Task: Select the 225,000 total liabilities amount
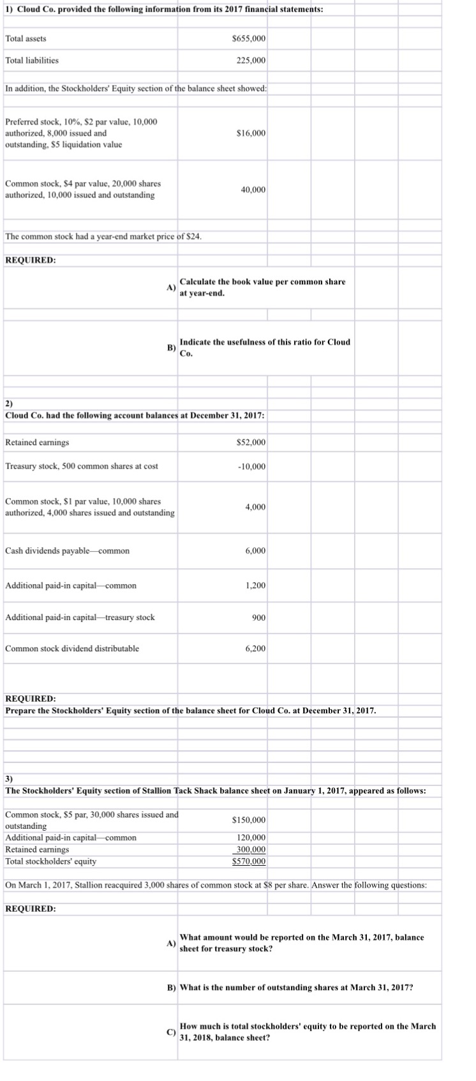pyautogui.click(x=252, y=61)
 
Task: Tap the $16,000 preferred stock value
pyautogui.click(x=251, y=133)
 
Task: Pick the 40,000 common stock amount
pyautogui.click(x=253, y=190)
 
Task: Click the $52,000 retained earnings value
pyautogui.click(x=251, y=442)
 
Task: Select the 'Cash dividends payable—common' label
pyautogui.click(x=67, y=551)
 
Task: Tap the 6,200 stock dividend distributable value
pyautogui.click(x=255, y=649)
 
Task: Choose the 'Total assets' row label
pyautogui.click(x=26, y=39)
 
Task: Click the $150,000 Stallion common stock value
pyautogui.click(x=249, y=820)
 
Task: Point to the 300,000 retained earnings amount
pyautogui.click(x=251, y=849)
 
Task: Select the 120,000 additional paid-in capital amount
pyautogui.click(x=251, y=838)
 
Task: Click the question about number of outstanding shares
pyautogui.click(x=296, y=987)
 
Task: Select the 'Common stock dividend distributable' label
pyautogui.click(x=72, y=649)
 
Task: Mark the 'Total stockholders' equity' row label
pyautogui.click(x=51, y=861)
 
